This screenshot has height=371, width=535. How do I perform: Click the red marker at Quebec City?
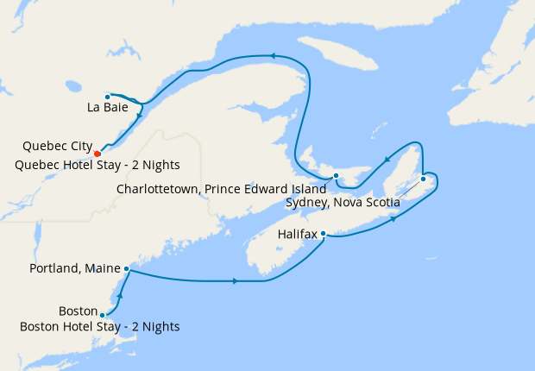(98, 154)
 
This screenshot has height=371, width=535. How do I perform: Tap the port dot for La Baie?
(107, 96)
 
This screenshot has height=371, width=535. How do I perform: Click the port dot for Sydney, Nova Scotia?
(423, 179)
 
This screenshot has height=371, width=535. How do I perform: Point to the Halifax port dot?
(323, 233)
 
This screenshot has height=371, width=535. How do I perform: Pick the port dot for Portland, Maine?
(127, 269)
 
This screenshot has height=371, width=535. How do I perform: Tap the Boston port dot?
(103, 315)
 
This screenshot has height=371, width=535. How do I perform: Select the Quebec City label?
(57, 146)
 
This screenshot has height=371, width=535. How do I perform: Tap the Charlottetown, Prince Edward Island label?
(220, 187)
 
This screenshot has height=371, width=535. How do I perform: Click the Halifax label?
(299, 234)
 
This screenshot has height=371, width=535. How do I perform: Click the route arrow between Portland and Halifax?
(236, 281)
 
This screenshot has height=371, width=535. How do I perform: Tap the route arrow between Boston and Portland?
(120, 296)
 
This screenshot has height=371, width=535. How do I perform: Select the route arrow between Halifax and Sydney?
(394, 219)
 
